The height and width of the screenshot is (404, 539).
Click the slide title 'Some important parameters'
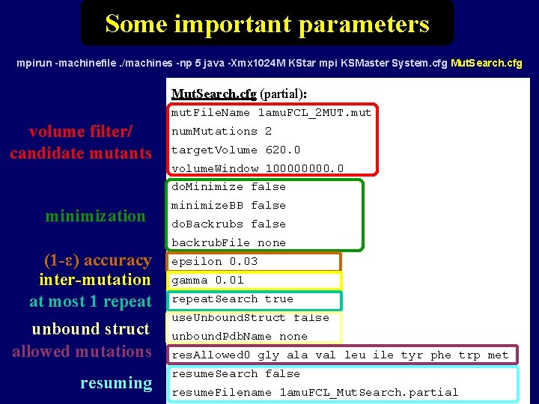pyautogui.click(x=267, y=23)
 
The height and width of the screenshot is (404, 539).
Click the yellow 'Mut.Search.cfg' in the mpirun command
pyautogui.click(x=486, y=64)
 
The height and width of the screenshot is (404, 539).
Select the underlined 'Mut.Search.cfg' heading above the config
pyautogui.click(x=213, y=94)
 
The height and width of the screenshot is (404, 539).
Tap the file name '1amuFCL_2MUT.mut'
pyautogui.click(x=314, y=113)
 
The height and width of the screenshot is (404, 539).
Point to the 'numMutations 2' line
pyautogui.click(x=222, y=131)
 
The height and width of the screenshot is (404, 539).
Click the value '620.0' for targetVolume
pyautogui.click(x=283, y=150)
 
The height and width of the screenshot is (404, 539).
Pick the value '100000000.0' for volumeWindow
pyautogui.click(x=305, y=168)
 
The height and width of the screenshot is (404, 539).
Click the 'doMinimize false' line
pyautogui.click(x=228, y=187)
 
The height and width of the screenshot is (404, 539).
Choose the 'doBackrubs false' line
pyautogui.click(x=228, y=224)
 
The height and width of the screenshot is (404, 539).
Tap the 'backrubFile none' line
pyautogui.click(x=228, y=242)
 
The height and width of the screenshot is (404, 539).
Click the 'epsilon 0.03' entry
pyautogui.click(x=214, y=261)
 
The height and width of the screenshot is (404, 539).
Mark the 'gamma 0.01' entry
pyautogui.click(x=207, y=280)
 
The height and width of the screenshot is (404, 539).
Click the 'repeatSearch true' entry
pyautogui.click(x=232, y=299)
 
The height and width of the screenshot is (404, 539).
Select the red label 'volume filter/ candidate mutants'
pyautogui.click(x=81, y=142)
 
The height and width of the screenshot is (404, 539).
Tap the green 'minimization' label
pyautogui.click(x=95, y=216)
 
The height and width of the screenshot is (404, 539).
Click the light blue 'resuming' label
pyautogui.click(x=116, y=383)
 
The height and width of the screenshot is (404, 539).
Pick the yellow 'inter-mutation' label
pyautogui.click(x=94, y=280)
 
